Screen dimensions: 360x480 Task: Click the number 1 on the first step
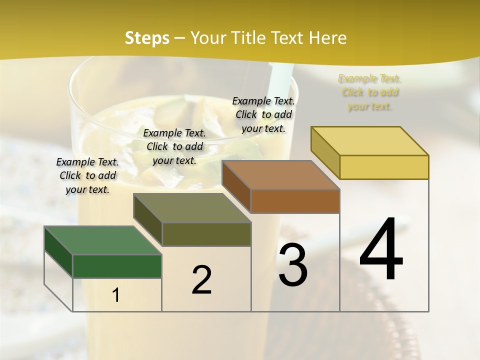tap(116, 295)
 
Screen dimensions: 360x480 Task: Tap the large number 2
tap(201, 279)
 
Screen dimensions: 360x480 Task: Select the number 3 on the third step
tap(293, 265)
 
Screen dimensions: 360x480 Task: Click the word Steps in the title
tap(147, 38)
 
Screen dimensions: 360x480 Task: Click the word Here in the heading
tap(327, 38)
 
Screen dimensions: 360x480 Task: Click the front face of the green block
tap(117, 266)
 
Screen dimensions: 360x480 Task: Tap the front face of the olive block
tap(206, 234)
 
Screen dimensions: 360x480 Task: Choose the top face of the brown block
tap(280, 175)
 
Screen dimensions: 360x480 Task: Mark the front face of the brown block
tap(295, 201)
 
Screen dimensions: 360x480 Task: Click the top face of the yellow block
tap(369, 141)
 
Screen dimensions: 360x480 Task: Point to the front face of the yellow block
tap(384, 167)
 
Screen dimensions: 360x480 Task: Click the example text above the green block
tap(87, 175)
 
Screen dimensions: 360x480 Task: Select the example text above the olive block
tap(174, 146)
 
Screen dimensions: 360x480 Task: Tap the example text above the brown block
tap(263, 114)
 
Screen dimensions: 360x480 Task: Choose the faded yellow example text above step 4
tap(370, 92)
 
